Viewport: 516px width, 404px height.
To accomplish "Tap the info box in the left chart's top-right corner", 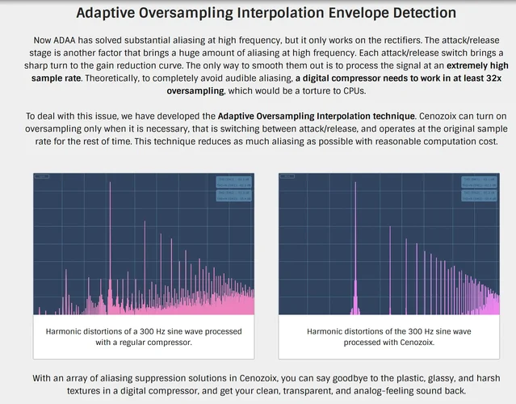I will [234, 187].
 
